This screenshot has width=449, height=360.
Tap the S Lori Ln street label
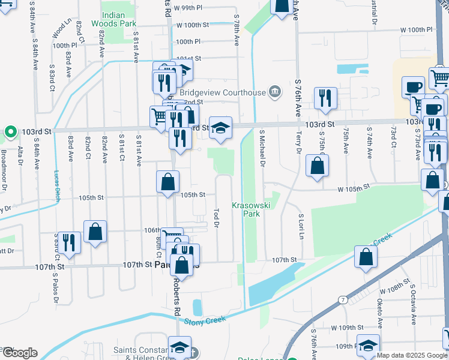[x=301, y=224]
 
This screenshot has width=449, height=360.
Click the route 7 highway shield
[x=342, y=299]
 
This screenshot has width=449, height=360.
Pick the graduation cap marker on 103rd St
[x=221, y=128]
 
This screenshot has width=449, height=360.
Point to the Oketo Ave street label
[x=380, y=310]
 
